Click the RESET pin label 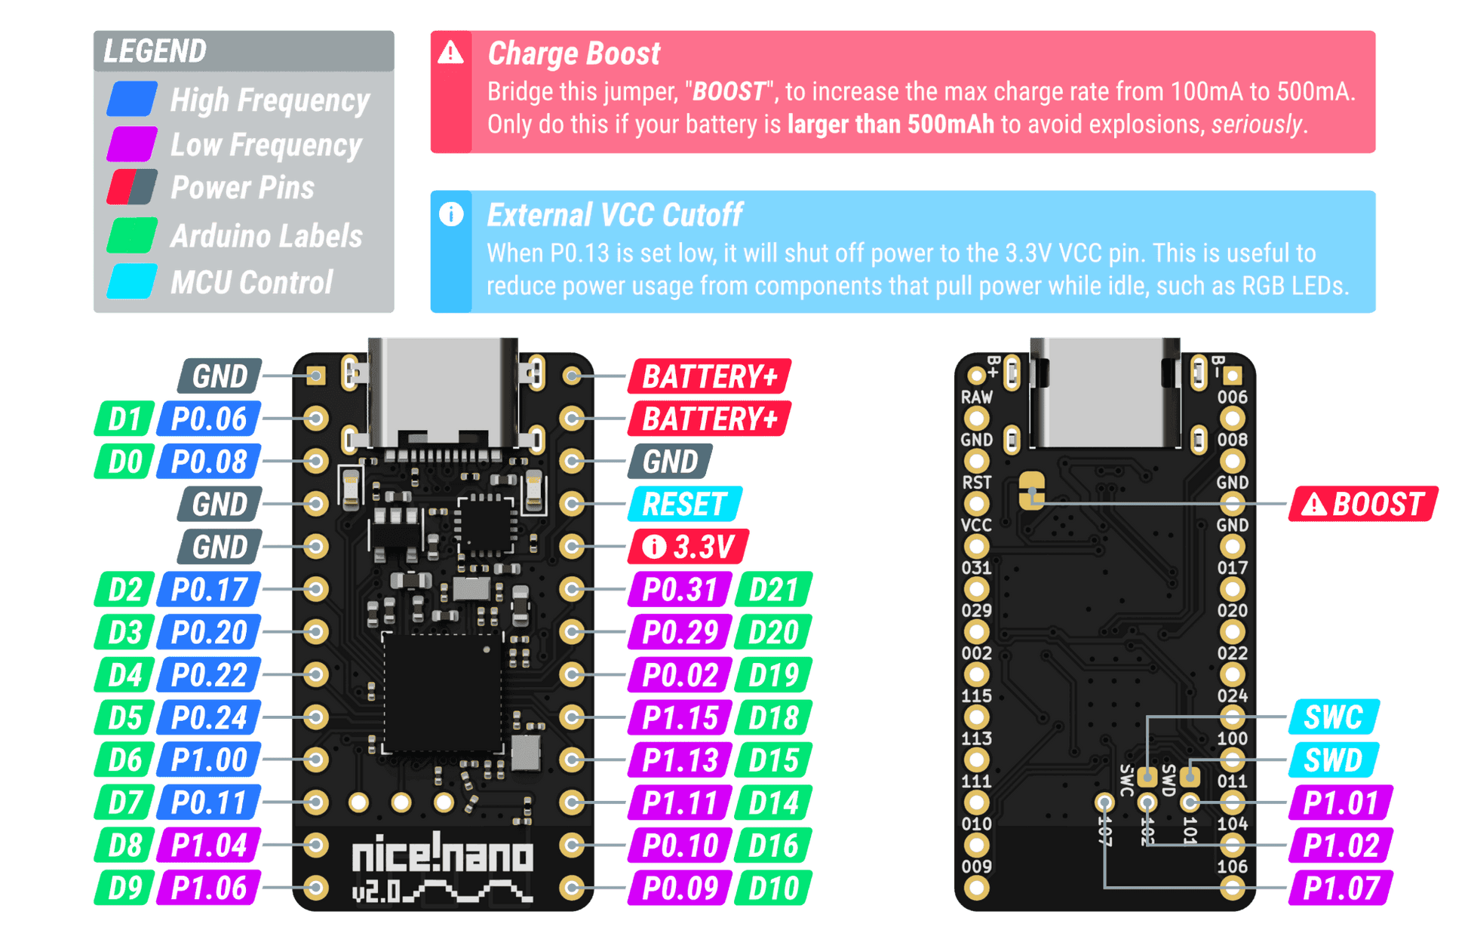pyautogui.click(x=685, y=504)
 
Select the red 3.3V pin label pyautogui.click(x=688, y=547)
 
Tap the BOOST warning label pyautogui.click(x=1364, y=504)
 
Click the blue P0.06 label pyautogui.click(x=209, y=419)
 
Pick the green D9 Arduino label pyautogui.click(x=124, y=888)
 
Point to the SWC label pyautogui.click(x=1334, y=717)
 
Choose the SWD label pyautogui.click(x=1334, y=760)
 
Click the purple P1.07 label pyautogui.click(x=1341, y=888)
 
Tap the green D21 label pyautogui.click(x=774, y=589)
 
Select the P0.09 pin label pyautogui.click(x=680, y=888)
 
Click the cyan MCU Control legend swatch pyautogui.click(x=133, y=282)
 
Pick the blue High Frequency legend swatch pyautogui.click(x=133, y=100)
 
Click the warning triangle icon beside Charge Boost pyautogui.click(x=451, y=53)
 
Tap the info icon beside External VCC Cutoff pyautogui.click(x=451, y=215)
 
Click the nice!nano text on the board pyautogui.click(x=444, y=856)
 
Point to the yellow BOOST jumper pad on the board pyautogui.click(x=1032, y=490)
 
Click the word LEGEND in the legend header pyautogui.click(x=155, y=51)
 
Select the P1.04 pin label pyautogui.click(x=209, y=845)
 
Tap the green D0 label pyautogui.click(x=124, y=461)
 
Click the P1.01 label pyautogui.click(x=1341, y=803)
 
